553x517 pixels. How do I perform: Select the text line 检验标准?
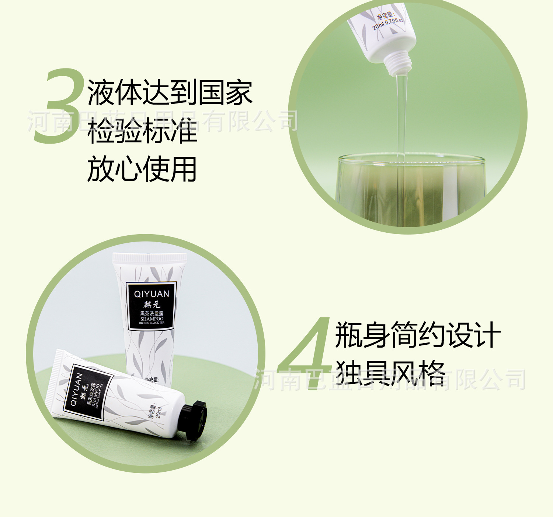point(142,131)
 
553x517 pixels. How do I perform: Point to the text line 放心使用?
point(142,169)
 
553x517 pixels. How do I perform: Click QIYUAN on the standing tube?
point(152,294)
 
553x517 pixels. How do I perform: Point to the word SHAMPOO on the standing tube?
point(152,319)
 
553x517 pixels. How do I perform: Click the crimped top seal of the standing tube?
point(150,258)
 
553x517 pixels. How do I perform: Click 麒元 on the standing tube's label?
point(152,305)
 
